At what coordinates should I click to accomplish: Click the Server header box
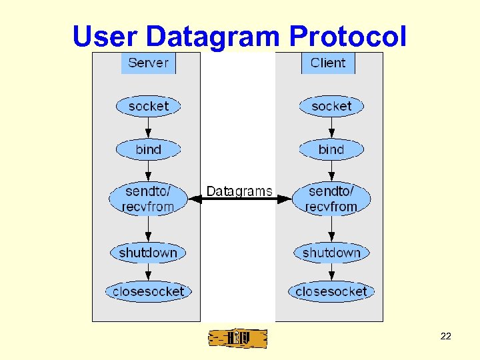pos(148,63)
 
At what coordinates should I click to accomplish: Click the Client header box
pos(328,63)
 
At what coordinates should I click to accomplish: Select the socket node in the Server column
pos(148,106)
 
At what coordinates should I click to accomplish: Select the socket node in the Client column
pos(331,106)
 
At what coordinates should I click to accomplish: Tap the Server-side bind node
pos(148,149)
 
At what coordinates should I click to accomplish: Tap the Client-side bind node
pos(331,149)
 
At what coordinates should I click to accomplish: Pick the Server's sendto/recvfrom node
pos(148,199)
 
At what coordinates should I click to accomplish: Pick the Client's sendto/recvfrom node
pos(331,199)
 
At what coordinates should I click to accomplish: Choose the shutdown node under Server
pos(148,253)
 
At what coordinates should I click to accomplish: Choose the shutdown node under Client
pos(331,253)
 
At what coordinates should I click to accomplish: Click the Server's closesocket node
pos(148,291)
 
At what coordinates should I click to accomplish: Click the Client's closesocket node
pos(331,291)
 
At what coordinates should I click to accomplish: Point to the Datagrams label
pos(239,191)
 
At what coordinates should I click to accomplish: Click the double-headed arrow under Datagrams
pos(240,199)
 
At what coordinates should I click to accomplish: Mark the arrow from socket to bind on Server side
pos(148,127)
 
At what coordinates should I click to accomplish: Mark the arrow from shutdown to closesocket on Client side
pos(331,272)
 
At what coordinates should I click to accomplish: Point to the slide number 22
pos(446,336)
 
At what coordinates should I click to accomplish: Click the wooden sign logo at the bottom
pos(237,339)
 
